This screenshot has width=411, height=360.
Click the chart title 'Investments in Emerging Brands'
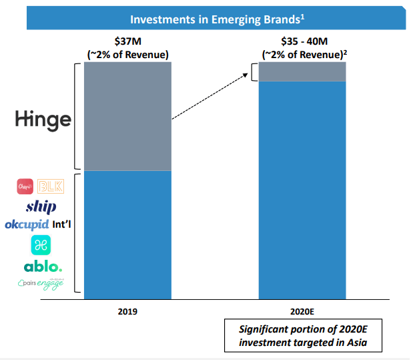[x=218, y=19]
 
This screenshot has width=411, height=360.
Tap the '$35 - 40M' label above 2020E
[x=303, y=41]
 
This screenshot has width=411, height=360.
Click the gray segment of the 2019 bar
[x=128, y=116]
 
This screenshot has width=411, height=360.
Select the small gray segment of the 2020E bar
[x=303, y=71]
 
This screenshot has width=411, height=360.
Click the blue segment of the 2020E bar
[x=303, y=187]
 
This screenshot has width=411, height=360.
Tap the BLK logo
[x=51, y=186]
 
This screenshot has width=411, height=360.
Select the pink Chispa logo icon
[x=25, y=186]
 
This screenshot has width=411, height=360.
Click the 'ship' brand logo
[x=41, y=206]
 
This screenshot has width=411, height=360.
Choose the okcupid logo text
[x=27, y=224]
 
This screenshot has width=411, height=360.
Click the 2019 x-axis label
[x=128, y=311]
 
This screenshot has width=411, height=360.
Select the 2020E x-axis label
[x=303, y=311]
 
